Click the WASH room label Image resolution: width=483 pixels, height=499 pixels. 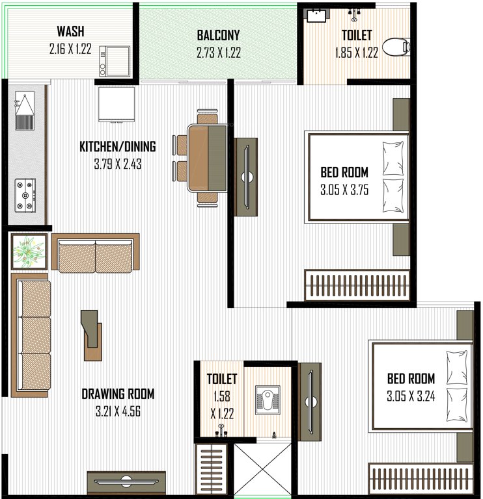[70, 32]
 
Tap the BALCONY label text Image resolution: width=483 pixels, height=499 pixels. [219, 36]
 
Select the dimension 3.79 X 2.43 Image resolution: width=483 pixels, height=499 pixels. [117, 164]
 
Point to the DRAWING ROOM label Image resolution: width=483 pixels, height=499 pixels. [118, 394]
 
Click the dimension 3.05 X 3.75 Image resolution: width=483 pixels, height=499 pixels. [344, 191]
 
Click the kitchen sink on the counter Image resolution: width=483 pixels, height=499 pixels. [25, 110]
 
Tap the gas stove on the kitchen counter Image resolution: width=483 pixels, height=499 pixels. [26, 196]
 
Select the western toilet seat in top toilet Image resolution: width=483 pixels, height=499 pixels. [394, 47]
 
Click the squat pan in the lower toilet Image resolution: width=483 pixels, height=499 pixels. [267, 397]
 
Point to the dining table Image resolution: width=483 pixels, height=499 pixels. [207, 158]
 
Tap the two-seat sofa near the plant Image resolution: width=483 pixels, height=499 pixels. [95, 254]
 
